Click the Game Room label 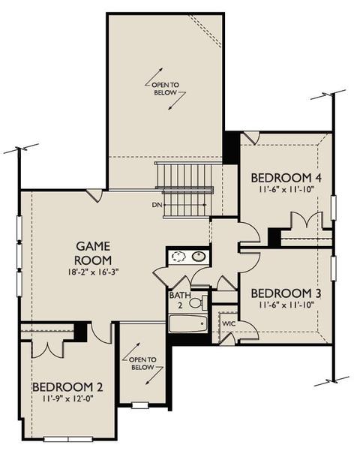93,253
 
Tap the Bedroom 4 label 286,178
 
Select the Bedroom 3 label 286,293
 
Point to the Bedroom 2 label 67,387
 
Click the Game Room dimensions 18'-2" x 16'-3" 94,272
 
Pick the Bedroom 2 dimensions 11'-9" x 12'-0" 67,399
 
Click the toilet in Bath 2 199,302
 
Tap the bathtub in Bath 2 188,324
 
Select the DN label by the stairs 157,205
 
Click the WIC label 229,323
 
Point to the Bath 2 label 180,300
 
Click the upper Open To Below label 165,89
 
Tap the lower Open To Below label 142,363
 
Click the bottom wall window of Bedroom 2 68,439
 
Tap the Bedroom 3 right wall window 334,269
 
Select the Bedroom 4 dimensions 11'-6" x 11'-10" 286,189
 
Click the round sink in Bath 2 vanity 199,256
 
